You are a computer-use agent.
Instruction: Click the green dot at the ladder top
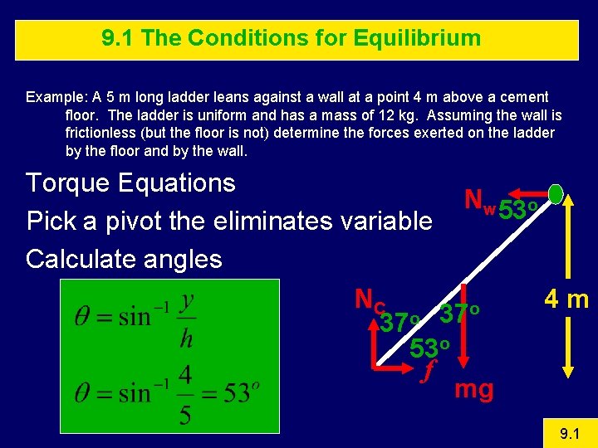pyautogui.click(x=556, y=193)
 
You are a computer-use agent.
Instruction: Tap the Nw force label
pyautogui.click(x=479, y=200)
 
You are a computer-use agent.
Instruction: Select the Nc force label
pyautogui.click(x=367, y=300)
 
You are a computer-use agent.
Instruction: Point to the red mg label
pyautogui.click(x=473, y=388)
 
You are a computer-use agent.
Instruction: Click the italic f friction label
pyautogui.click(x=428, y=373)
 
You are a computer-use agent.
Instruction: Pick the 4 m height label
pyautogui.click(x=566, y=299)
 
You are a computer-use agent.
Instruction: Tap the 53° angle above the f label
pyautogui.click(x=430, y=348)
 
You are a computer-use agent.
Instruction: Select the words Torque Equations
pyautogui.click(x=130, y=183)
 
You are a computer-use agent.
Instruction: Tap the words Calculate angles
pyautogui.click(x=124, y=259)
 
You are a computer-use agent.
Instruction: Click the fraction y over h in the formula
pyautogui.click(x=187, y=316)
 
